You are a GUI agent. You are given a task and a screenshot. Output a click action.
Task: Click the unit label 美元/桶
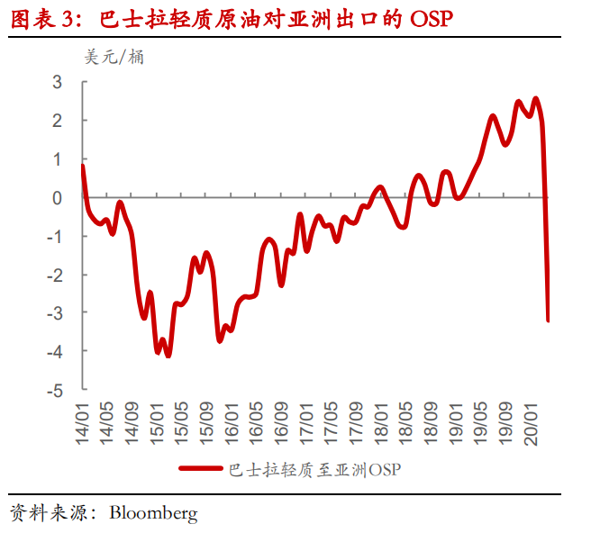click(114, 57)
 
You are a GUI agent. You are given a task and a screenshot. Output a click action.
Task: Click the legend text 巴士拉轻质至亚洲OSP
click(315, 468)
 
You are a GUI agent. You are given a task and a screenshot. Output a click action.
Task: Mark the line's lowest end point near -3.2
click(549, 320)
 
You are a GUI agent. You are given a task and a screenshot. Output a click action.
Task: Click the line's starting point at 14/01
click(83, 166)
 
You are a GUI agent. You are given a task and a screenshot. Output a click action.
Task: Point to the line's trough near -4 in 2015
click(168, 356)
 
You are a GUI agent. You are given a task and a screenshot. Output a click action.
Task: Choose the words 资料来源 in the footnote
click(45, 514)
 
